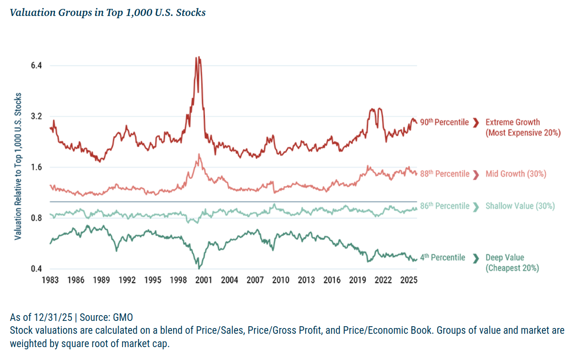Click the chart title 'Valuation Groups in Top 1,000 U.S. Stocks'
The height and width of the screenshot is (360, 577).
tap(107, 12)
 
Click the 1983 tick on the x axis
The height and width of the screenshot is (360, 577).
tap(50, 280)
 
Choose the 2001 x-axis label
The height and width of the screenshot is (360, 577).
tap(204, 280)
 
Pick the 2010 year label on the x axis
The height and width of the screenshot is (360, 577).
tap(281, 280)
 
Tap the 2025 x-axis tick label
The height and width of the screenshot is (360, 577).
tap(408, 280)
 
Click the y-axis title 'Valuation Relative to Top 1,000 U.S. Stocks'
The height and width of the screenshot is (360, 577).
tap(18, 167)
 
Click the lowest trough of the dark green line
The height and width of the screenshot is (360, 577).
tap(199, 268)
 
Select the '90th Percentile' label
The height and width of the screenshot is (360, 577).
tap(444, 122)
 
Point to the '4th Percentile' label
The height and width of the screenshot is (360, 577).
tap(442, 257)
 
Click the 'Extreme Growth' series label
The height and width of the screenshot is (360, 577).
tap(513, 122)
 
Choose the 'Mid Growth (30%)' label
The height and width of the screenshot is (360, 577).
tap(516, 174)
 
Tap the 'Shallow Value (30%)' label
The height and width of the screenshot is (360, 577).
tap(520, 206)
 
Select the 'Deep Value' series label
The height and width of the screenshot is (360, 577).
tap(505, 257)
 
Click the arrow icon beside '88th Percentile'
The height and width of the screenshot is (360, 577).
tap(476, 174)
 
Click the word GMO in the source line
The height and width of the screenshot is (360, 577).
tap(123, 317)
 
